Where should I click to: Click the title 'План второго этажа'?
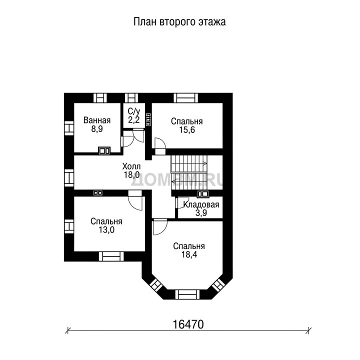click(x=179, y=22)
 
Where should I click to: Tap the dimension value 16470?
click(x=188, y=324)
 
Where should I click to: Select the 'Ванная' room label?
click(x=97, y=120)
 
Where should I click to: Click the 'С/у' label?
click(x=134, y=111)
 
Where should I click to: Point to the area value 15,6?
click(x=187, y=130)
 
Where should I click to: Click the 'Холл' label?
click(x=131, y=166)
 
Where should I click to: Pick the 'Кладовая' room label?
click(x=201, y=204)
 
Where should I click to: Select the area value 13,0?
click(x=106, y=229)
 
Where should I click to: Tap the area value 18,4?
click(x=189, y=254)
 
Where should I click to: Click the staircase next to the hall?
click(x=189, y=172)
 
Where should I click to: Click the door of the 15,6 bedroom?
click(x=160, y=146)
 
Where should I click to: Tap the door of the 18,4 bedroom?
click(x=160, y=226)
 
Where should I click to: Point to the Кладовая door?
click(x=182, y=202)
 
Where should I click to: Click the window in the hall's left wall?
click(x=69, y=177)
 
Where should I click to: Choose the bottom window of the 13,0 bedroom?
click(x=111, y=256)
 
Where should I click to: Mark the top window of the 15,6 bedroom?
click(x=185, y=98)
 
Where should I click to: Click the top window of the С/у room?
click(x=131, y=98)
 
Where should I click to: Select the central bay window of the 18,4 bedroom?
click(x=187, y=294)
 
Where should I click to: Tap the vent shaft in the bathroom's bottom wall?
click(x=104, y=150)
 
